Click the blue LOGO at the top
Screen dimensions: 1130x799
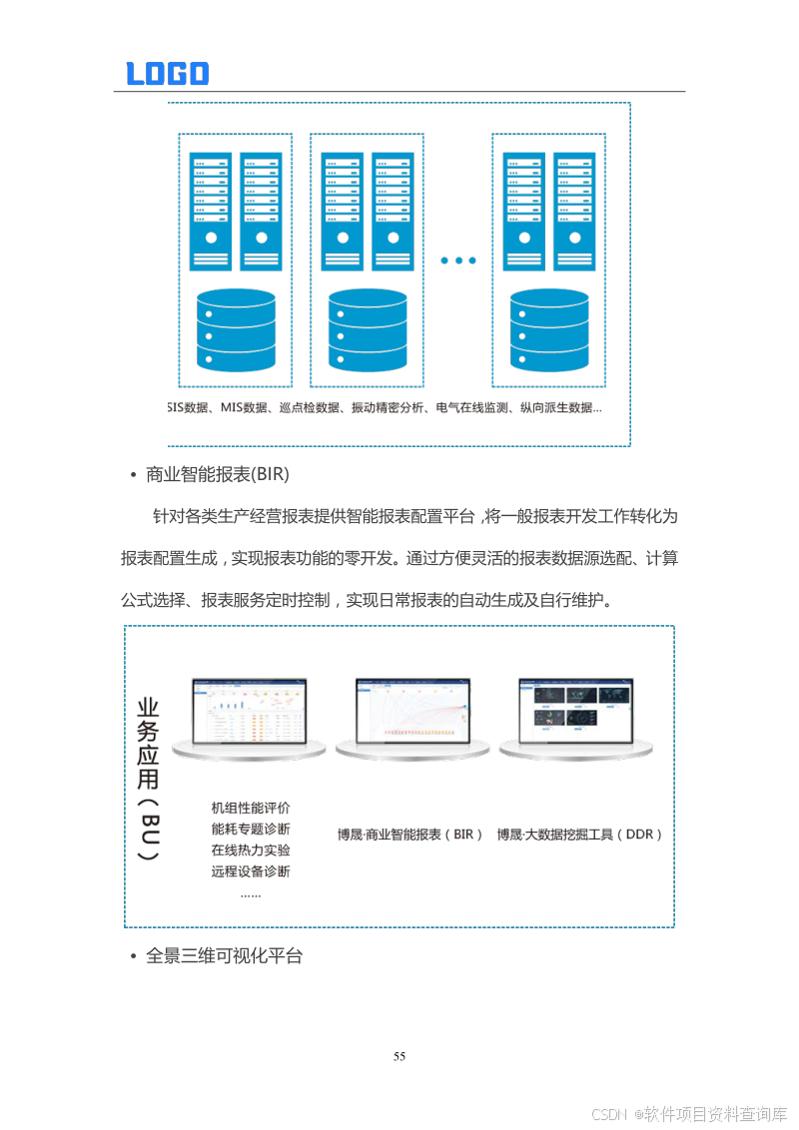(167, 73)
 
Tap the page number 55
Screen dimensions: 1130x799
(399, 1057)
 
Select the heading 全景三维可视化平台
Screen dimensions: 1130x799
(224, 955)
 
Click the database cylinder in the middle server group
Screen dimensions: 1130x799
(368, 330)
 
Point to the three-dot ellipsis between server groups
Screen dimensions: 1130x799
(458, 261)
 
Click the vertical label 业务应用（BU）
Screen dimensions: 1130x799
(148, 779)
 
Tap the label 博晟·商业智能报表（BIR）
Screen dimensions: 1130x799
(410, 834)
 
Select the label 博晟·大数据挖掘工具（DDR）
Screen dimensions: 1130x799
(580, 834)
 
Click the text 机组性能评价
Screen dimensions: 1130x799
(251, 808)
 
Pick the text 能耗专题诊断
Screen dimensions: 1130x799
(251, 830)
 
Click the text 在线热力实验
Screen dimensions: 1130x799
(251, 850)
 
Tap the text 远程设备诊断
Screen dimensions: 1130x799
(251, 871)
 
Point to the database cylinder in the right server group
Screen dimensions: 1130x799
(549, 330)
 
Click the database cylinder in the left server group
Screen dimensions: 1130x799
(236, 330)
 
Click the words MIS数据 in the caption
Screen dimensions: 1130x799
(244, 408)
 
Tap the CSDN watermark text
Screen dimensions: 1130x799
(689, 1113)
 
